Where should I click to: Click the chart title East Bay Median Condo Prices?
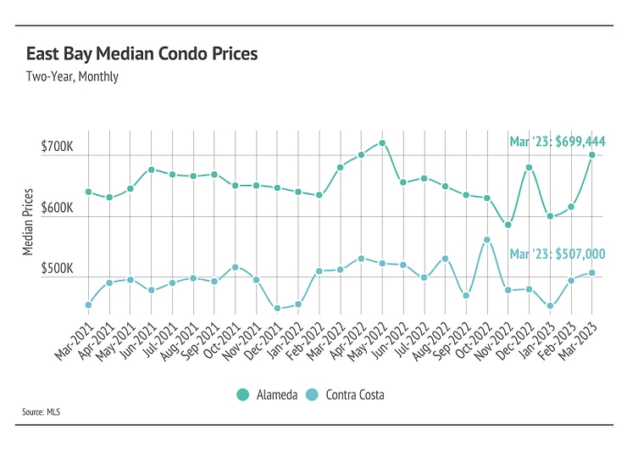[x=141, y=53]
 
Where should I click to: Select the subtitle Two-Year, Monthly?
[x=72, y=76]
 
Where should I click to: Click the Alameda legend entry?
[x=268, y=394]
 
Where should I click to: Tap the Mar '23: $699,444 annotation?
[x=557, y=141]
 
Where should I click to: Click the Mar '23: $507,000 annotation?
[x=557, y=253]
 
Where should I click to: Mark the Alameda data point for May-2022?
[x=382, y=143]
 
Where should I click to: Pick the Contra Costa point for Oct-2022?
[x=486, y=239]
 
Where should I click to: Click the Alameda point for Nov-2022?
[x=508, y=225]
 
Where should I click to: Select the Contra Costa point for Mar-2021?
[x=88, y=304]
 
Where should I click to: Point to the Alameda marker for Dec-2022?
[x=529, y=167]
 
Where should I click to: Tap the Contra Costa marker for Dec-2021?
[x=277, y=308]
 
